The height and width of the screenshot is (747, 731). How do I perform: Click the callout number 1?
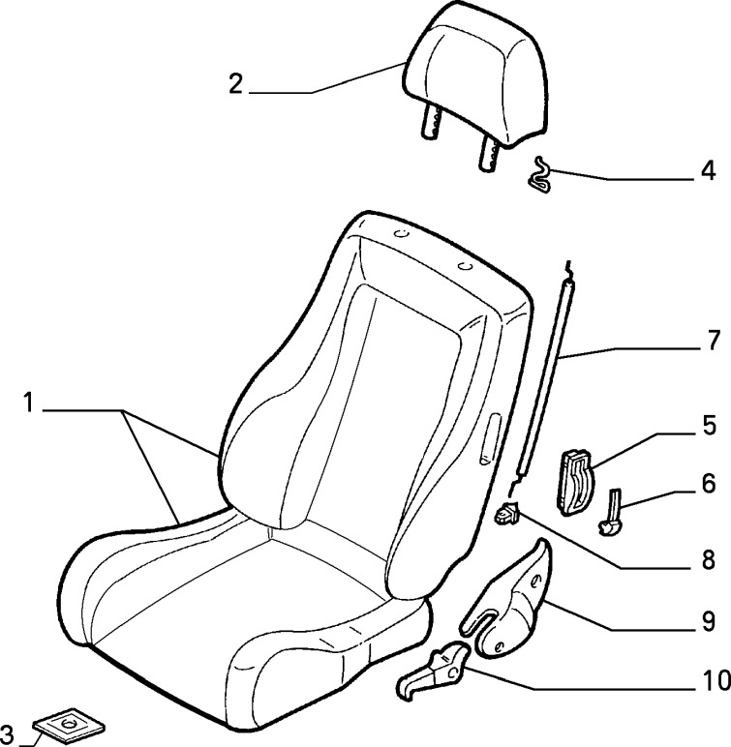click(x=29, y=403)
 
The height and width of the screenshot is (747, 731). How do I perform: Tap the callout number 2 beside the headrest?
click(x=235, y=84)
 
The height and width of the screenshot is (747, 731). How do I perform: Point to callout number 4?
click(x=708, y=170)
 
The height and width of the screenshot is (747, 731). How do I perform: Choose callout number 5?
click(x=709, y=425)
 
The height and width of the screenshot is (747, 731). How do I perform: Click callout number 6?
click(x=709, y=483)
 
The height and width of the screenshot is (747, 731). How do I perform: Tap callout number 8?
click(x=709, y=560)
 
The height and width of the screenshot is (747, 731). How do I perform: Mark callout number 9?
click(x=709, y=621)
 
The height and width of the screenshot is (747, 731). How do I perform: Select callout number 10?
click(x=716, y=680)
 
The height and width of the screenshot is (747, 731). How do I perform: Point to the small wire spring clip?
click(x=539, y=174)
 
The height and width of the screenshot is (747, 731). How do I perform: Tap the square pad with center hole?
click(x=68, y=724)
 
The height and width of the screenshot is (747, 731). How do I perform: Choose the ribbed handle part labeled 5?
click(x=574, y=482)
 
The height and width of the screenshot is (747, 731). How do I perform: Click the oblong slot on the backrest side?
click(x=490, y=439)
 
